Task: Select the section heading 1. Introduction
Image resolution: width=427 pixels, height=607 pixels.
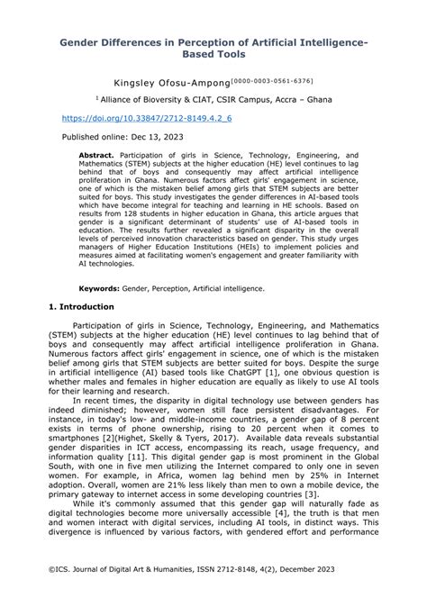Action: pyautogui.click(x=81, y=306)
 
